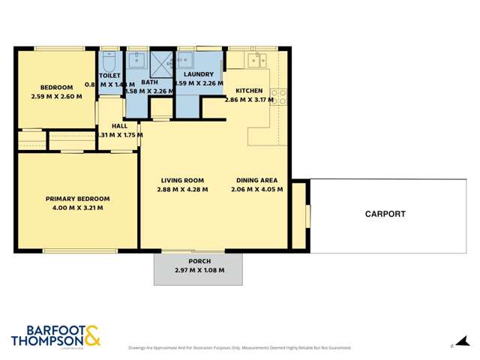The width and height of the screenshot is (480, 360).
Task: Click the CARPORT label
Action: [385, 214]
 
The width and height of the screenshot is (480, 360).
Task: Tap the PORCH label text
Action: [199, 262]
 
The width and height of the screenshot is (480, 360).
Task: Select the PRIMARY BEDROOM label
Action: [77, 199]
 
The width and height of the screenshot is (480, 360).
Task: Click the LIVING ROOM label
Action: [182, 180]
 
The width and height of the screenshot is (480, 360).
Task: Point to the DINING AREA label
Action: [257, 180]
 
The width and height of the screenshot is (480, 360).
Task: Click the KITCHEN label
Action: [249, 91]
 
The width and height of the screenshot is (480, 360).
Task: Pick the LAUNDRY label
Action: [199, 75]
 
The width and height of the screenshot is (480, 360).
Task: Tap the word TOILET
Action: [109, 76]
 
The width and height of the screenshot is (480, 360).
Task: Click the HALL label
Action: [119, 126]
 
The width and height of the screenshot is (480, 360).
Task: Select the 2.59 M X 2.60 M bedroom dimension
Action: [56, 97]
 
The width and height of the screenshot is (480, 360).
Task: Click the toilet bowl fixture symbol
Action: [109, 59]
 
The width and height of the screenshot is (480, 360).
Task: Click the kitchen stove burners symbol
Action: [278, 96]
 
